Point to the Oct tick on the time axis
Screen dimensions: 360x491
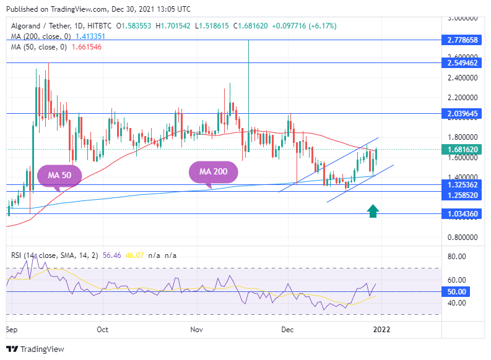pos(103,330)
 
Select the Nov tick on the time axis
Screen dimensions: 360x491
pos(196,330)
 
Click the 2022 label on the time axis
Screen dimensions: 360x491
pos(381,330)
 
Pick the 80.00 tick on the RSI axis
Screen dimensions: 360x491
pos(456,256)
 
